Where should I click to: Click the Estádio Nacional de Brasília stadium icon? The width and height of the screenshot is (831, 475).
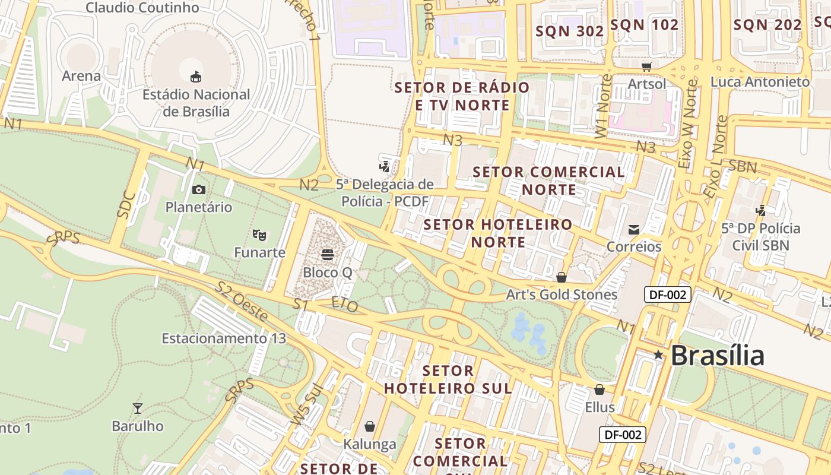click(195, 77)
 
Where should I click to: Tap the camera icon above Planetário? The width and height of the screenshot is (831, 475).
click(199, 189)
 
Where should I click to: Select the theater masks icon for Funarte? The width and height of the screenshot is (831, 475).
click(259, 235)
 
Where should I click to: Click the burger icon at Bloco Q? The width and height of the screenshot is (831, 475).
click(327, 255)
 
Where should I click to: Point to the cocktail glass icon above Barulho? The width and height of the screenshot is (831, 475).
click(138, 408)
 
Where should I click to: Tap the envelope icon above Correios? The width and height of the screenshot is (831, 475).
click(634, 229)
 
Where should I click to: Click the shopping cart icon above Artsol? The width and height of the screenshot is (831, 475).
click(646, 66)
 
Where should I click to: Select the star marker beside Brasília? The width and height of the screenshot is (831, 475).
click(658, 354)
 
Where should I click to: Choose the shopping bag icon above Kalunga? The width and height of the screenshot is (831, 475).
click(370, 426)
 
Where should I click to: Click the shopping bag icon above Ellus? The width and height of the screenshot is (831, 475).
click(600, 389)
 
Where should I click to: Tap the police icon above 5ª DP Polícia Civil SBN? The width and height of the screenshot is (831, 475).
click(760, 210)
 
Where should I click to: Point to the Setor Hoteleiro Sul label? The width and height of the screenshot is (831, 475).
click(448, 379)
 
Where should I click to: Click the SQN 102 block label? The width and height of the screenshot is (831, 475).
click(644, 25)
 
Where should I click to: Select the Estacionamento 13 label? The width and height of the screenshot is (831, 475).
click(224, 338)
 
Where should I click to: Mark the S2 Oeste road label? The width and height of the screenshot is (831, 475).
click(242, 302)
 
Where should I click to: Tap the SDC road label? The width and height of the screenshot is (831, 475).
click(126, 204)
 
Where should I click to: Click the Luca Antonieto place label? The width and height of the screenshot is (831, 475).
click(760, 82)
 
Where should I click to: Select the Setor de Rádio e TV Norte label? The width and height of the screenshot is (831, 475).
click(462, 96)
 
